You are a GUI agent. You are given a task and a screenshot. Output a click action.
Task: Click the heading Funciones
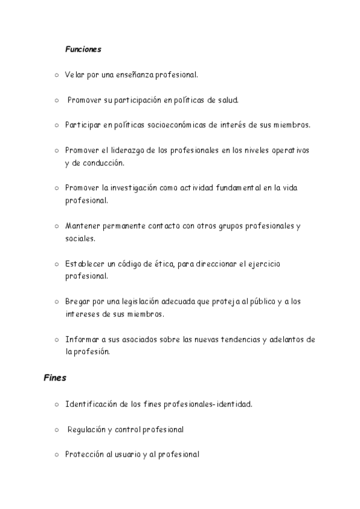(x=83, y=49)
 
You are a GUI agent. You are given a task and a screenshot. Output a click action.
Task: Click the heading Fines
(x=55, y=378)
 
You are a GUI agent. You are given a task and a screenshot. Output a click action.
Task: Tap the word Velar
(x=74, y=75)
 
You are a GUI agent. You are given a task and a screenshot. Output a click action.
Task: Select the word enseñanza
(x=132, y=75)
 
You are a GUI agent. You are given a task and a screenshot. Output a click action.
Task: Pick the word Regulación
(x=87, y=430)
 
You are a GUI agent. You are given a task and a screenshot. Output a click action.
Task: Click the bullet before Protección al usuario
(x=56, y=455)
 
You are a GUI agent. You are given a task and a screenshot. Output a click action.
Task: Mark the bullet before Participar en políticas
(x=56, y=125)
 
